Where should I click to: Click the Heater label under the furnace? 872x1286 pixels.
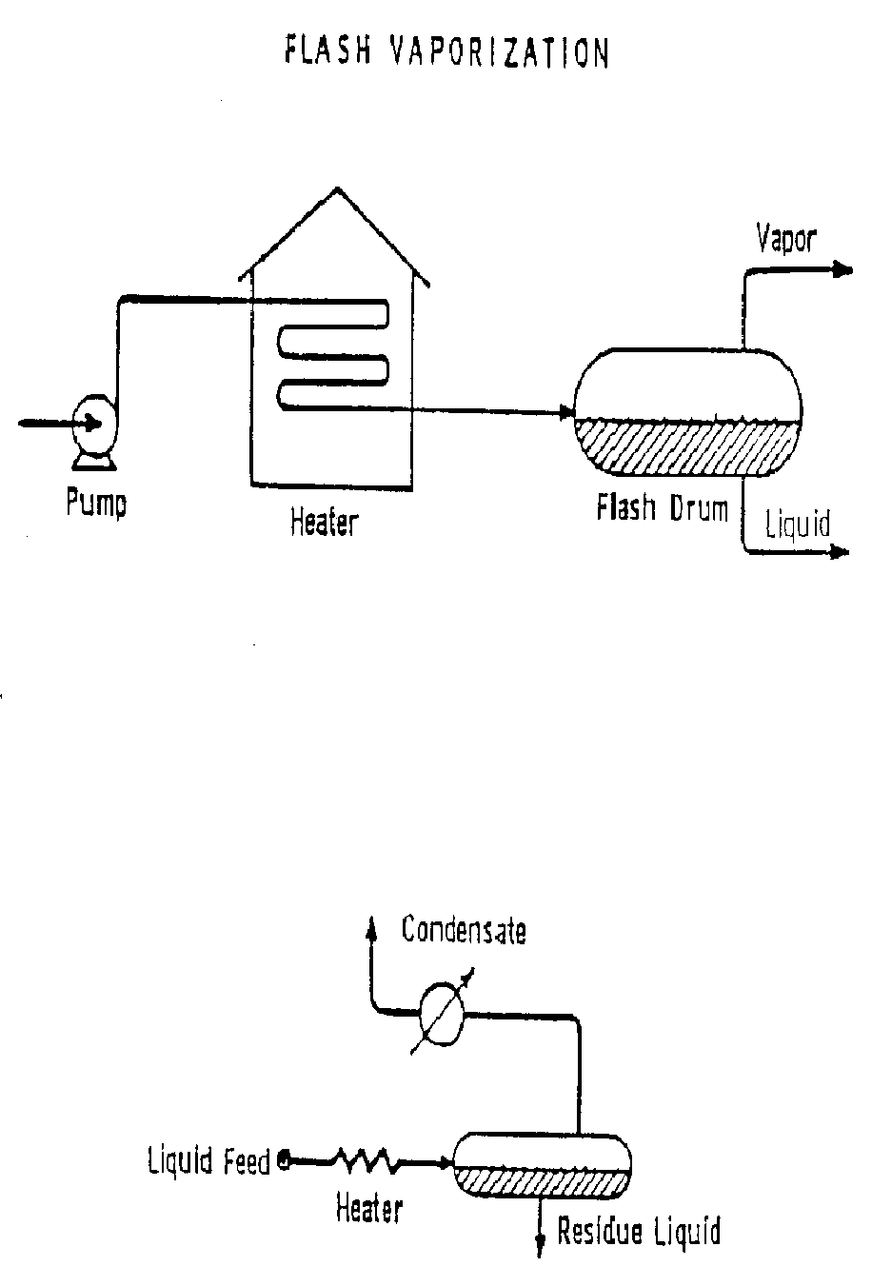325,521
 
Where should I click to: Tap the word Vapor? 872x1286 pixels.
786,238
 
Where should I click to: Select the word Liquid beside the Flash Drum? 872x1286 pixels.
798,524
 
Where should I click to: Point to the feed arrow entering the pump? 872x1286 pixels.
48,424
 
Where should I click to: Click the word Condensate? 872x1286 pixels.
463,930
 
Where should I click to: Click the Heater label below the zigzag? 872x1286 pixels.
369,1209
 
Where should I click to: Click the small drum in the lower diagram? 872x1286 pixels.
541,1165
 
